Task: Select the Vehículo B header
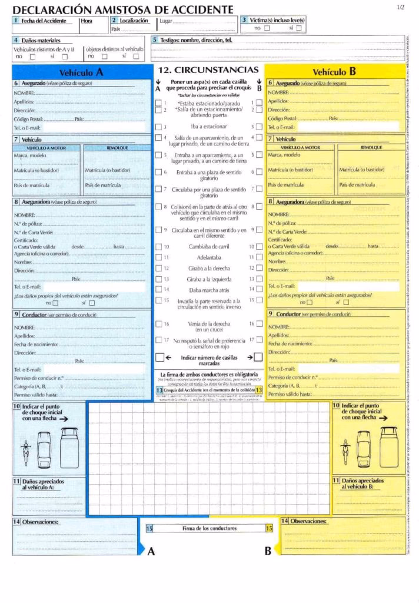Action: [x=334, y=72]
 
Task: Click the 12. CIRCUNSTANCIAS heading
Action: [x=208, y=69]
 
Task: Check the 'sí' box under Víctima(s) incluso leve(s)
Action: [x=299, y=28]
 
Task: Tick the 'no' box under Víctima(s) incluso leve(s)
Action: [x=267, y=28]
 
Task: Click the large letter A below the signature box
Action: [x=151, y=551]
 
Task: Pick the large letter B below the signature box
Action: [x=268, y=551]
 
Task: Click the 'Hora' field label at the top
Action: [x=87, y=21]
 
